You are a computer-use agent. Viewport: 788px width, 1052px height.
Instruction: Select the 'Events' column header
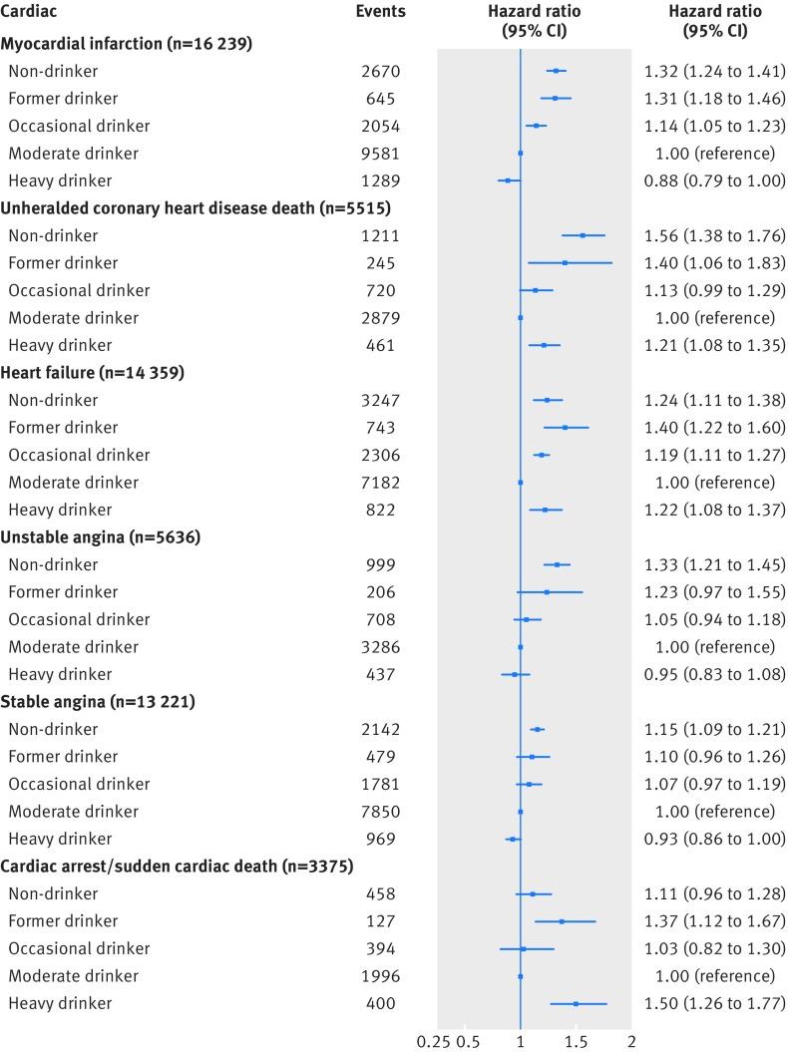pos(380,12)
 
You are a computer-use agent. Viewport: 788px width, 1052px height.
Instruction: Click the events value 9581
pos(380,154)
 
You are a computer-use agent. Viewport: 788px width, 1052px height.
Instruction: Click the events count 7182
pos(380,483)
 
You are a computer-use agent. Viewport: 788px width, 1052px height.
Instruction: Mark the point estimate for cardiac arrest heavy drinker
pos(576,1003)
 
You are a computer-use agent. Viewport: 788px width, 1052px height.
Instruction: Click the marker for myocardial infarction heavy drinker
pos(508,180)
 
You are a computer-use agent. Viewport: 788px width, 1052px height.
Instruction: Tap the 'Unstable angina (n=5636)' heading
pos(101,537)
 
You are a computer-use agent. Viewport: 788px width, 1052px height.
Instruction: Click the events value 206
pos(380,592)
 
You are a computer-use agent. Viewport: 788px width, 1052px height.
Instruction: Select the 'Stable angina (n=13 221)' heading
pos(98,702)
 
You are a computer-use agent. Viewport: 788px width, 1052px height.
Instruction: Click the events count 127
pos(380,921)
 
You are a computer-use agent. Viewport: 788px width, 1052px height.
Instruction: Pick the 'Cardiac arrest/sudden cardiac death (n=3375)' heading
pos(188,867)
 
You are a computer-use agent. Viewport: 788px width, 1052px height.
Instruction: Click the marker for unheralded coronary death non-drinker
pos(583,235)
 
